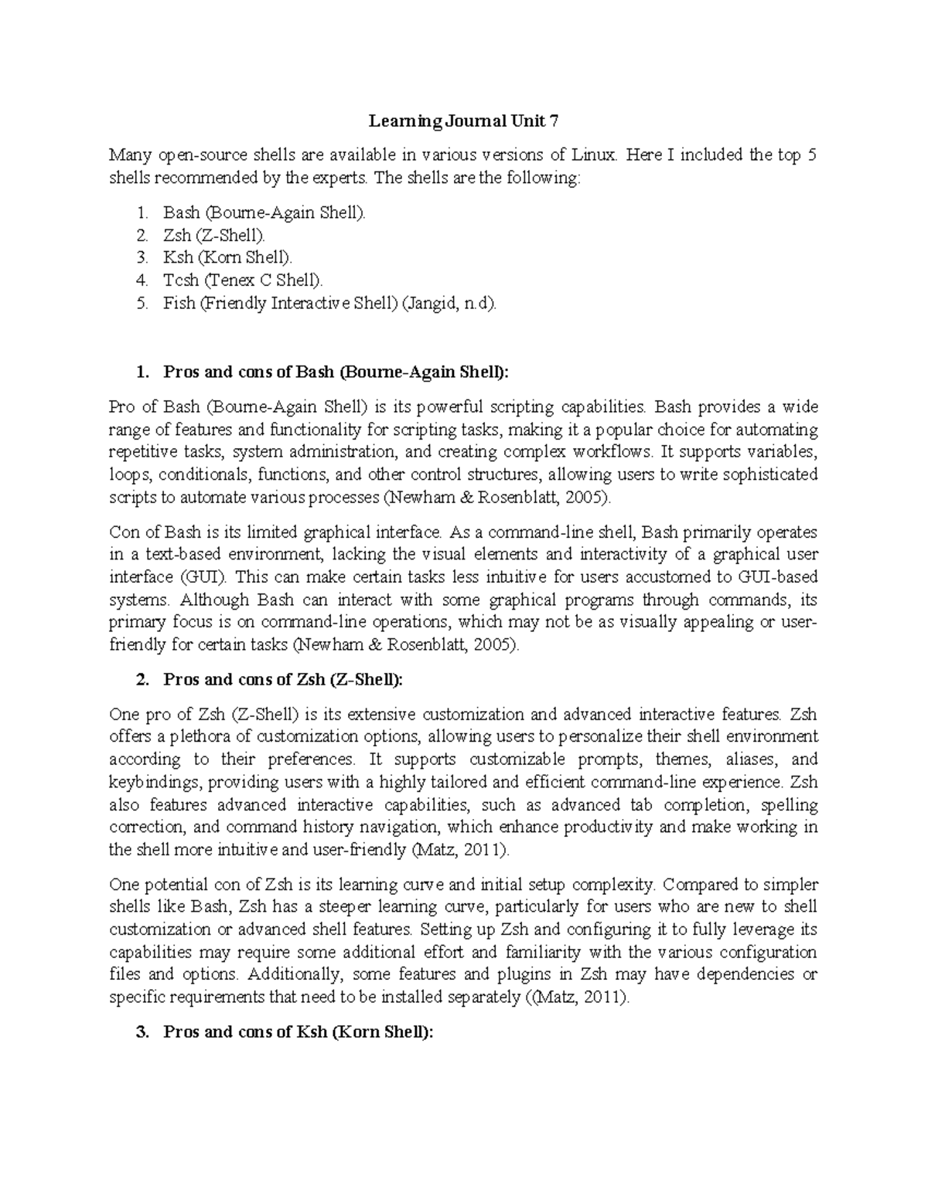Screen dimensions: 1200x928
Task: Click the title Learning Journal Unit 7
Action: pos(463,121)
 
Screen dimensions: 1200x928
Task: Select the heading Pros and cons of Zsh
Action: pos(283,679)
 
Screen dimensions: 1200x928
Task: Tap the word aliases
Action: pos(742,760)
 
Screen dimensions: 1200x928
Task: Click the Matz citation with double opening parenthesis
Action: pos(577,998)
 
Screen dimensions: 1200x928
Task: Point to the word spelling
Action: pos(790,804)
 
